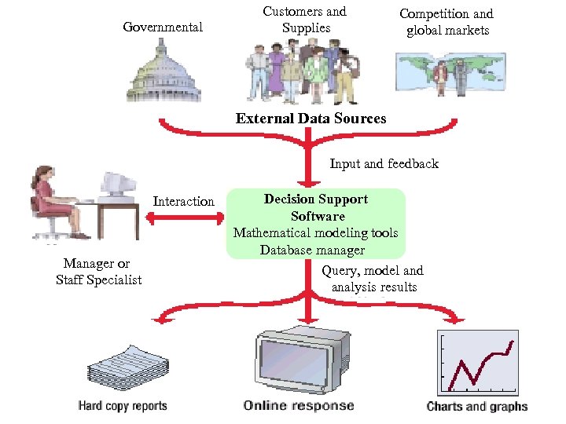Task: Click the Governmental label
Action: pyautogui.click(x=163, y=27)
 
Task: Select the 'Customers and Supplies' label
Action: pyautogui.click(x=305, y=20)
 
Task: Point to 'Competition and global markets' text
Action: pyautogui.click(x=447, y=22)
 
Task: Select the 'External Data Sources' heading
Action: pyautogui.click(x=311, y=119)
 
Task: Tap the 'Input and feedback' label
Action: pyautogui.click(x=384, y=164)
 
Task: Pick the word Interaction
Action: pyautogui.click(x=183, y=202)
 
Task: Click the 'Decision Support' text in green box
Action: pyautogui.click(x=316, y=199)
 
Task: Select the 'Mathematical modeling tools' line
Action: pyautogui.click(x=316, y=233)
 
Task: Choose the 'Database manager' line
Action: pyautogui.click(x=313, y=250)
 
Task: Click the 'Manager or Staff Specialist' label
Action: pyautogui.click(x=98, y=272)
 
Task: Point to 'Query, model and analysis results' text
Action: pyautogui.click(x=373, y=279)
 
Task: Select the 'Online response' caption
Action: pyautogui.click(x=299, y=406)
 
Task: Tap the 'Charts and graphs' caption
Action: pyautogui.click(x=477, y=407)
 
